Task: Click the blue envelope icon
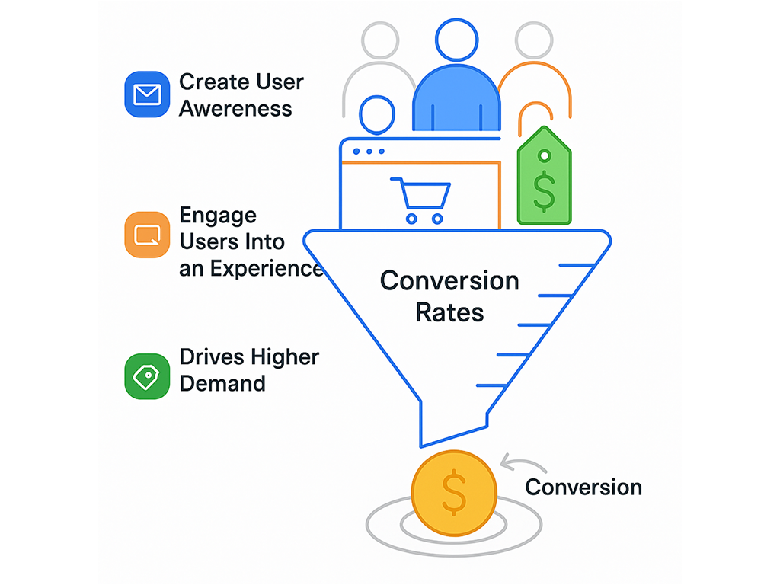[146, 94]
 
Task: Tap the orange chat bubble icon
[146, 235]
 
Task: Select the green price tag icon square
[146, 376]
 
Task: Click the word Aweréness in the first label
[235, 108]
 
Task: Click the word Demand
[222, 382]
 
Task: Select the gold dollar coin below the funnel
[454, 492]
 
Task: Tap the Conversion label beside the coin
[583, 487]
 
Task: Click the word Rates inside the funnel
[449, 312]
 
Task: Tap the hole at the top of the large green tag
[544, 156]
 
